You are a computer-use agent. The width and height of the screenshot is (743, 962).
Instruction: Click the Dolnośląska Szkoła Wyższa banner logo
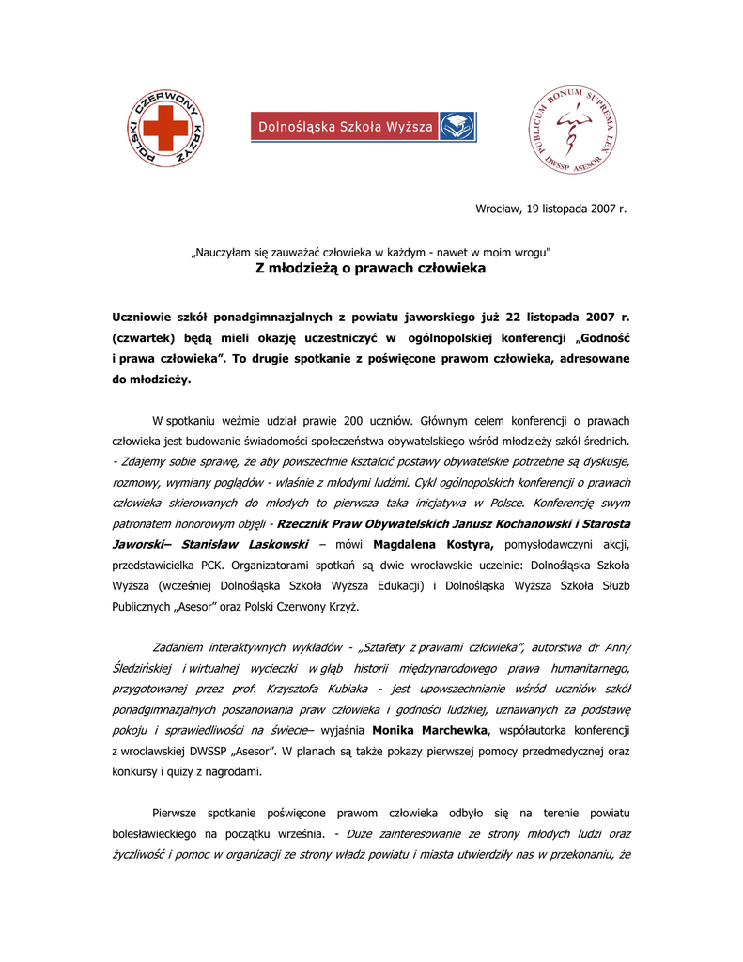(x=363, y=127)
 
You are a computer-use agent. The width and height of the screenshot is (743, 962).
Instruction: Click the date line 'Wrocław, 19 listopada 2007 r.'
(x=550, y=209)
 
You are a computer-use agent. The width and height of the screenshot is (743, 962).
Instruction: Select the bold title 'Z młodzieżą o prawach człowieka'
(x=371, y=269)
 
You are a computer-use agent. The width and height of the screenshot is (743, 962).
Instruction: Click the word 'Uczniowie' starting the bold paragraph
(x=146, y=318)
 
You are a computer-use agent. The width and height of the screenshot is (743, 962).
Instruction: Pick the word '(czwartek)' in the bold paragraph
(x=148, y=339)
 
